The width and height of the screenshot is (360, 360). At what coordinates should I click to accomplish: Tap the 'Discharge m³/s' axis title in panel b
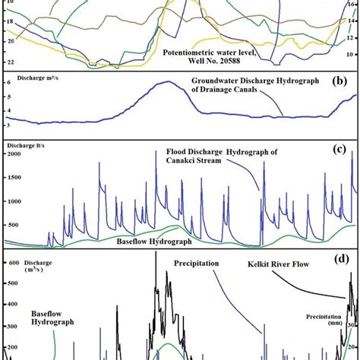31,81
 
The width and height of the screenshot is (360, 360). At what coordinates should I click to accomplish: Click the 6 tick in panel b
8,83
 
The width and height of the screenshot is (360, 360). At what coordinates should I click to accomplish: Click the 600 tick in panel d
13,264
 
